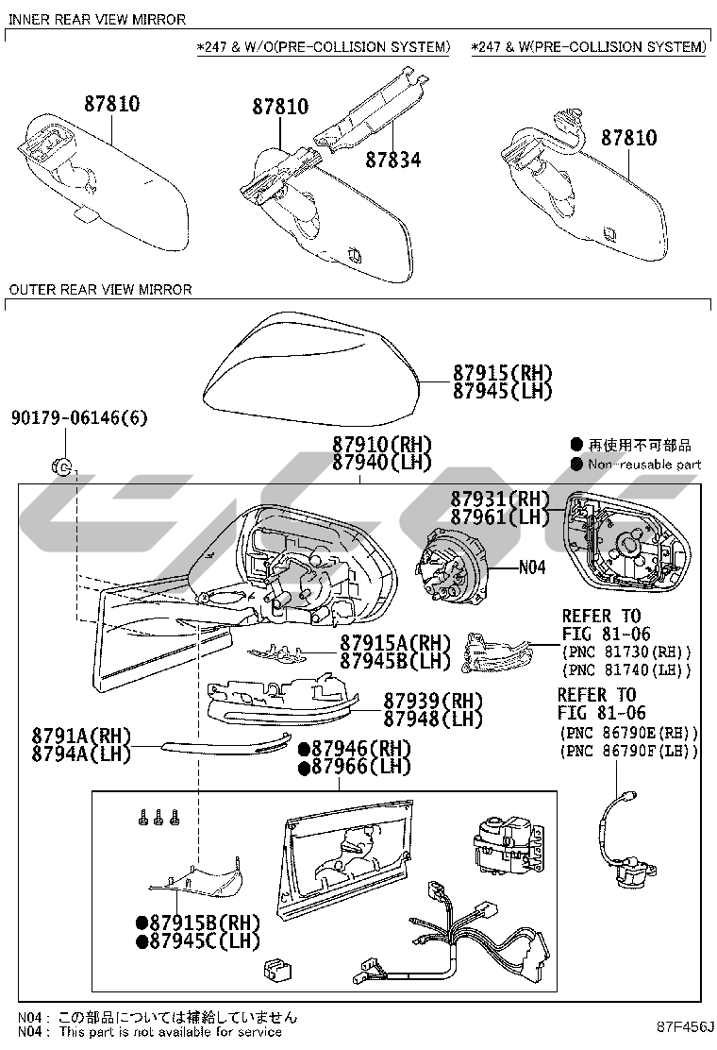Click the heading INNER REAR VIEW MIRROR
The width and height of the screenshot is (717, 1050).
point(97,20)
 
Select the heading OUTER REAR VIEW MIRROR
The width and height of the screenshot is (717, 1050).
point(100,289)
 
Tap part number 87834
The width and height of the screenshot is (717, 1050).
point(393,160)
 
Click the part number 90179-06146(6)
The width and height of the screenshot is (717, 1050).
point(79,418)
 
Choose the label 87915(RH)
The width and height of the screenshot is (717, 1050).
point(502,373)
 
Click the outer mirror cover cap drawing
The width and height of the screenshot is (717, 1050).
point(311,370)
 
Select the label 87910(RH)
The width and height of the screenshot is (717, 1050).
point(382,444)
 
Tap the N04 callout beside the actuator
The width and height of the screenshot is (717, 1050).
point(532,567)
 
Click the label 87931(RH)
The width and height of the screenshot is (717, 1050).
point(500,499)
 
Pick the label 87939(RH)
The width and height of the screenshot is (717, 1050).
point(433,702)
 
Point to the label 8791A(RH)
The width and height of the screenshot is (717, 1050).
point(81,736)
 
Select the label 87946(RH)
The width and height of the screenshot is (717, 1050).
point(355,749)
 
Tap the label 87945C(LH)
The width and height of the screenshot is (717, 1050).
point(198,940)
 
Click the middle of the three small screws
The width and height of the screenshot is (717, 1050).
point(158,817)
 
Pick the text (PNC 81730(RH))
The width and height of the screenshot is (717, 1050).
point(626,652)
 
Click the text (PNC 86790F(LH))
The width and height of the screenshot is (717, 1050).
point(628,752)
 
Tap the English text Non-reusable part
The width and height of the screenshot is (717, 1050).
point(644,464)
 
